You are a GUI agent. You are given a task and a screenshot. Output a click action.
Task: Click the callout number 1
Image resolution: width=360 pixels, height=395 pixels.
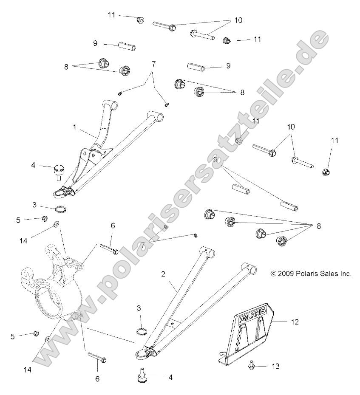point(75,127)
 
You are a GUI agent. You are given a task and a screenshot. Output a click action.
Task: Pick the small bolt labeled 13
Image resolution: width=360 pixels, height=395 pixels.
point(251,364)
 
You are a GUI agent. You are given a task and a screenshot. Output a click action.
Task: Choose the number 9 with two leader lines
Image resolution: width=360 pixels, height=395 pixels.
point(215,159)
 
